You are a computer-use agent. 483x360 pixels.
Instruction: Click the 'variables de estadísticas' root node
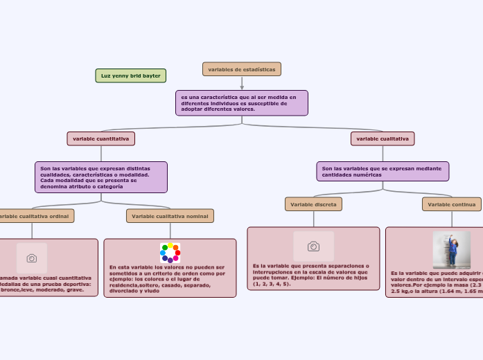(241, 69)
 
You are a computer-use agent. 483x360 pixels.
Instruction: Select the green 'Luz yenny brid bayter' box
(130, 75)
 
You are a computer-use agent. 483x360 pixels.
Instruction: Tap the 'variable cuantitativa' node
(100, 138)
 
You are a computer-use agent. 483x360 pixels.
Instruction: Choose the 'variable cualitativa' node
(383, 138)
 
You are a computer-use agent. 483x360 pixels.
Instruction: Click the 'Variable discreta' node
(313, 204)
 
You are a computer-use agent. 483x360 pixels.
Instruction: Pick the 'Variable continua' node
(452, 204)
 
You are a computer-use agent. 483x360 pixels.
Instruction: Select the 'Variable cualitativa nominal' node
(170, 216)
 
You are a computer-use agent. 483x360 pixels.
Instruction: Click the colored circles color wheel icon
(170, 253)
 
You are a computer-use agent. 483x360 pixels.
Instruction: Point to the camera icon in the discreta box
(313, 246)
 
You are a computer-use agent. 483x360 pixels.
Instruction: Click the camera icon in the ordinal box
(32, 258)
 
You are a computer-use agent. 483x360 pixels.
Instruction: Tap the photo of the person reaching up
(451, 250)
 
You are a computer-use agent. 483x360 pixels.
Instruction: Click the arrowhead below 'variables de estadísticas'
(242, 87)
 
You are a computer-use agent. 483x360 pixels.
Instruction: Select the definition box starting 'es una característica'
(241, 103)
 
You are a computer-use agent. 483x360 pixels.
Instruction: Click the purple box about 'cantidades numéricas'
(383, 171)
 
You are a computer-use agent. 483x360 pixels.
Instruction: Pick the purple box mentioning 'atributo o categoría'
(101, 177)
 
